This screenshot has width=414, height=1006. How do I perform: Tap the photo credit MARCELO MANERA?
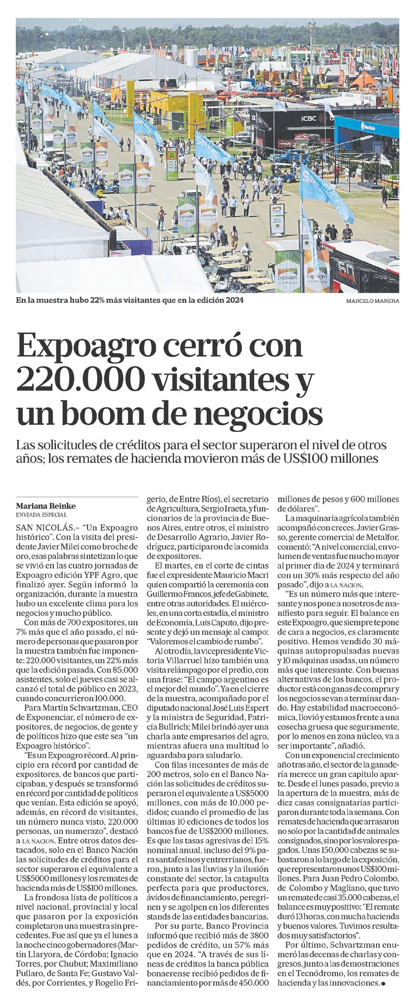(x=372, y=301)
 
